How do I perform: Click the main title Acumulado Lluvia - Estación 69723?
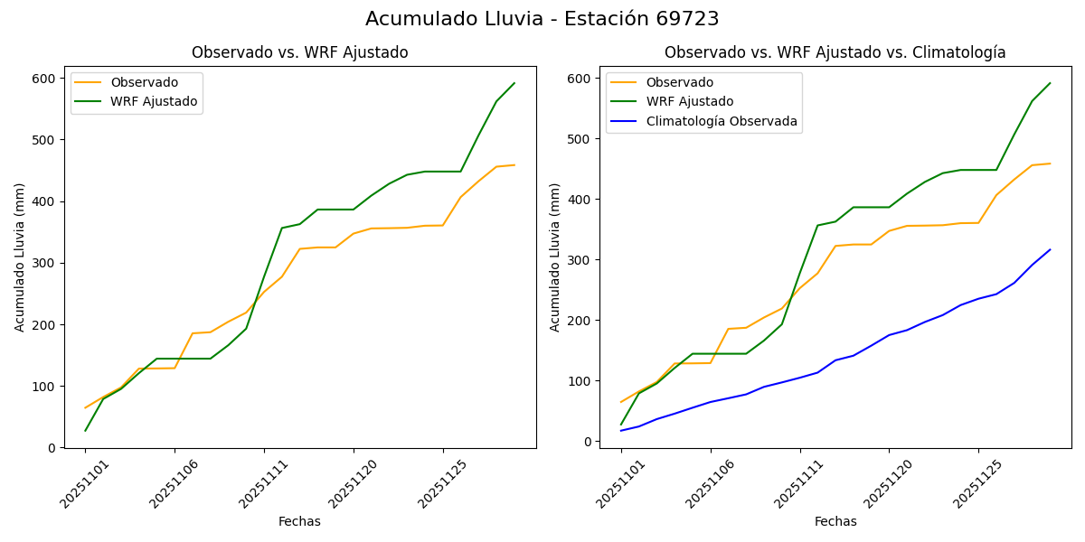click(542, 19)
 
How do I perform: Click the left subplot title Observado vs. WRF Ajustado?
click(299, 52)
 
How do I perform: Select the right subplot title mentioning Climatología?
click(835, 52)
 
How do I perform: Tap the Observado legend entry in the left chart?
click(144, 82)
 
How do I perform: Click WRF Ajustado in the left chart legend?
click(154, 101)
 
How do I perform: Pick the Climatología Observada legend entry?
click(722, 121)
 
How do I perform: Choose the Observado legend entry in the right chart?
click(679, 82)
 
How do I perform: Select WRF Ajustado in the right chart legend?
click(689, 101)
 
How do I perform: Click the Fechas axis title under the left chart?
click(299, 521)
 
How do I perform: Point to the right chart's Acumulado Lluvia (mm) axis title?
click(556, 257)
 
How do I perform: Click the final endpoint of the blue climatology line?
click(1050, 249)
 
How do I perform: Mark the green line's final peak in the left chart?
click(514, 83)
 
